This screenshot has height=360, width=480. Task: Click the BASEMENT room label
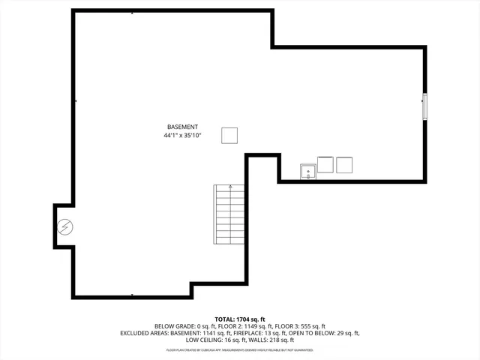(x=182, y=127)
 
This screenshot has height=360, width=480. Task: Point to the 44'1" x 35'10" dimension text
(x=182, y=136)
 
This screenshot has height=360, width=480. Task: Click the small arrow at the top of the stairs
(x=230, y=186)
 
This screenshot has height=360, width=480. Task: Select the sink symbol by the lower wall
(x=307, y=172)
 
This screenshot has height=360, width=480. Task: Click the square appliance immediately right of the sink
(x=325, y=164)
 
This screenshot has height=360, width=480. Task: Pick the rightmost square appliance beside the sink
(x=344, y=164)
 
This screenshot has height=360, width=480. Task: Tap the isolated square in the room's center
(x=229, y=135)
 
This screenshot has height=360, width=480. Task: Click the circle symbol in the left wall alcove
(x=65, y=226)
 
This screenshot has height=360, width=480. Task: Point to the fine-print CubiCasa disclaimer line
(x=239, y=349)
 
